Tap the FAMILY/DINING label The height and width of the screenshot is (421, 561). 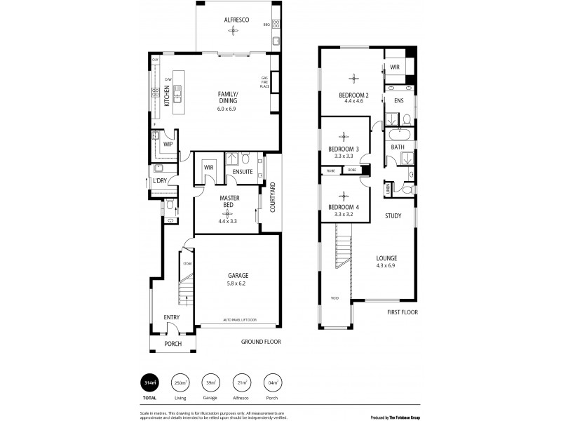point(227,98)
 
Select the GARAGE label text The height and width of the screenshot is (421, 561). point(238,276)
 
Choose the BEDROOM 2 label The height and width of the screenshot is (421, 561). point(354,95)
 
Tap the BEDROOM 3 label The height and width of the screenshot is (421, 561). point(344,149)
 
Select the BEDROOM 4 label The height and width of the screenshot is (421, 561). point(344,206)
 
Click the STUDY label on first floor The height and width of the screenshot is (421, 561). point(393,216)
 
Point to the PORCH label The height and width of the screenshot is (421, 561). point(173,344)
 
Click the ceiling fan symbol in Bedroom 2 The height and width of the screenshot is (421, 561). point(354,77)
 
